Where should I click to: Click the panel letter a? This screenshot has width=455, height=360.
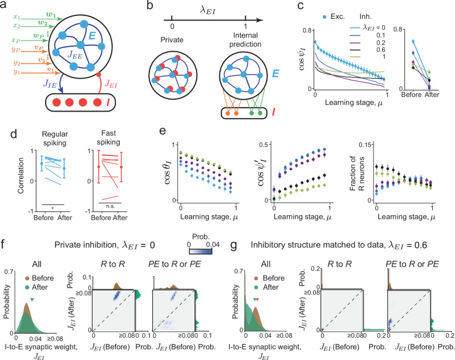(3, 5)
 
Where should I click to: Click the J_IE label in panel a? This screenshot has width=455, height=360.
(50, 84)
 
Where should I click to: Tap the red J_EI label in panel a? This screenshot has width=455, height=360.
(111, 84)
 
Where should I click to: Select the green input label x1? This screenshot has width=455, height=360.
(17, 17)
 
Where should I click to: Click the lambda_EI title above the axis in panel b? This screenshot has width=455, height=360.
(208, 11)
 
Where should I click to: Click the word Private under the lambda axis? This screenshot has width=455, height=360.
(172, 40)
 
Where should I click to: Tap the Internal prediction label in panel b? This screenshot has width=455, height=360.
(246, 40)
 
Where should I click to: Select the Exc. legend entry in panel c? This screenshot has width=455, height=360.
(334, 17)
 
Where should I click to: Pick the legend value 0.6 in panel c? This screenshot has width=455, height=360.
(381, 50)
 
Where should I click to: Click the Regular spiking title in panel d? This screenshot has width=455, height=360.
(55, 138)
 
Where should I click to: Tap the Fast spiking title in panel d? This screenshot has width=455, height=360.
(108, 138)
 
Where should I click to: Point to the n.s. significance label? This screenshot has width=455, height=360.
(110, 206)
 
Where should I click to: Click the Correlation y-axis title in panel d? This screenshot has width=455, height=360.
(21, 175)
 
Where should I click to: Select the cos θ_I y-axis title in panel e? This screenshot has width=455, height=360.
(168, 173)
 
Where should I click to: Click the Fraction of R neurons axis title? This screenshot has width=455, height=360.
(356, 174)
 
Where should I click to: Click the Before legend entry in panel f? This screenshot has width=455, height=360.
(39, 278)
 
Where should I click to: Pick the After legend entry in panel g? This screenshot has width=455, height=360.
(267, 287)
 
